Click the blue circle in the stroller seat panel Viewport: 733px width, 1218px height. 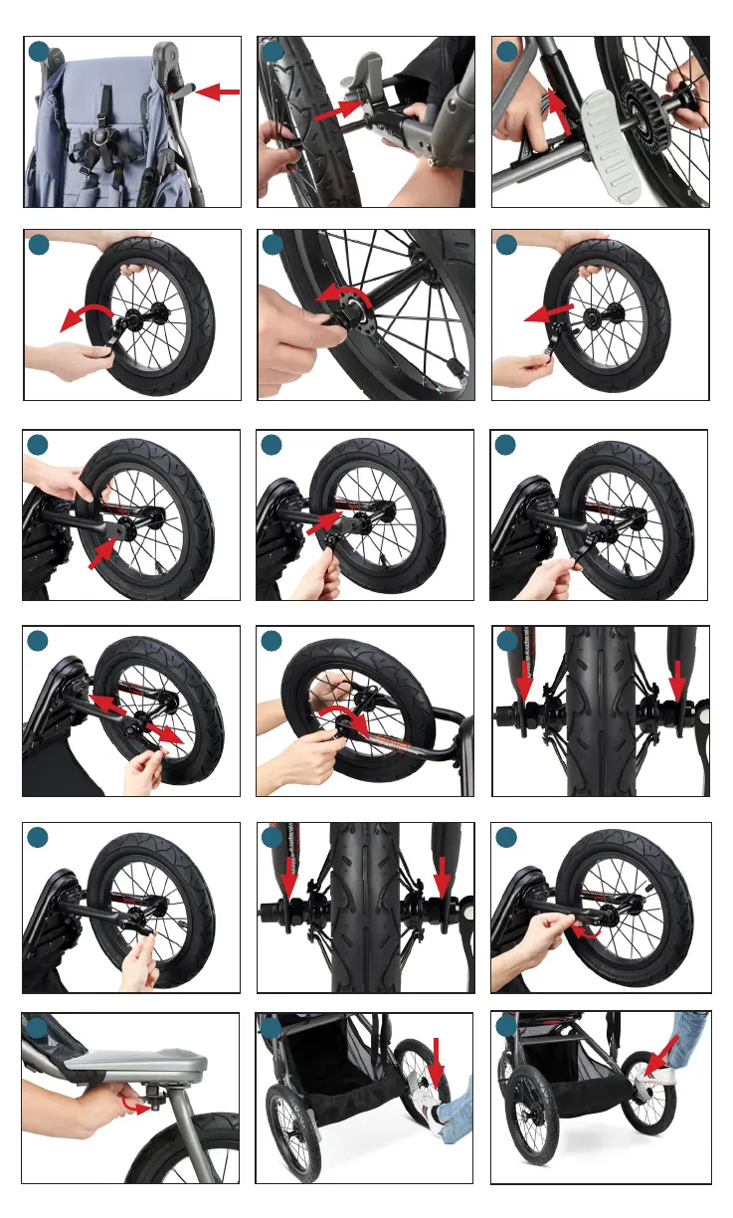[38, 52]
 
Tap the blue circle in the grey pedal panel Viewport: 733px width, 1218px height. [506, 52]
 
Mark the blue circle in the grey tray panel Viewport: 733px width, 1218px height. [38, 1027]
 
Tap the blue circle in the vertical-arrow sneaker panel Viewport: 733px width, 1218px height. [273, 1027]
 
